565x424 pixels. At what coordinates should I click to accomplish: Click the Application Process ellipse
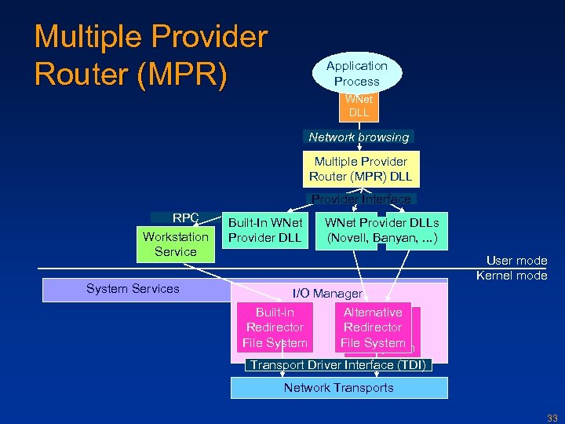tap(357, 74)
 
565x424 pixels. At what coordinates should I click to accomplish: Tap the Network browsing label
tap(359, 137)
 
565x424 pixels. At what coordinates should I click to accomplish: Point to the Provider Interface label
tap(361, 199)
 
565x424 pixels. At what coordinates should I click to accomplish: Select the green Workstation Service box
tap(176, 244)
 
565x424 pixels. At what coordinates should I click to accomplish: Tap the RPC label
tap(186, 217)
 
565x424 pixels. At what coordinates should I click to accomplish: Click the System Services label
tap(133, 289)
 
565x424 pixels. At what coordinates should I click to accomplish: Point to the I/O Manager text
tap(327, 294)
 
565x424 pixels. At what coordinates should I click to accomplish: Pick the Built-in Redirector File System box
tap(275, 327)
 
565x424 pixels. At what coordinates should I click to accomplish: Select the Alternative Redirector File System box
tap(374, 327)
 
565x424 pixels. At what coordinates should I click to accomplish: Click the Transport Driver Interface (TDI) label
tap(337, 365)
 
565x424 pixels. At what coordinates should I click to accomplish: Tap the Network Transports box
tap(339, 388)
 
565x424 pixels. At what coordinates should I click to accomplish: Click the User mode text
tap(516, 261)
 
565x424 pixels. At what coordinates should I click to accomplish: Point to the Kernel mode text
tap(512, 276)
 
